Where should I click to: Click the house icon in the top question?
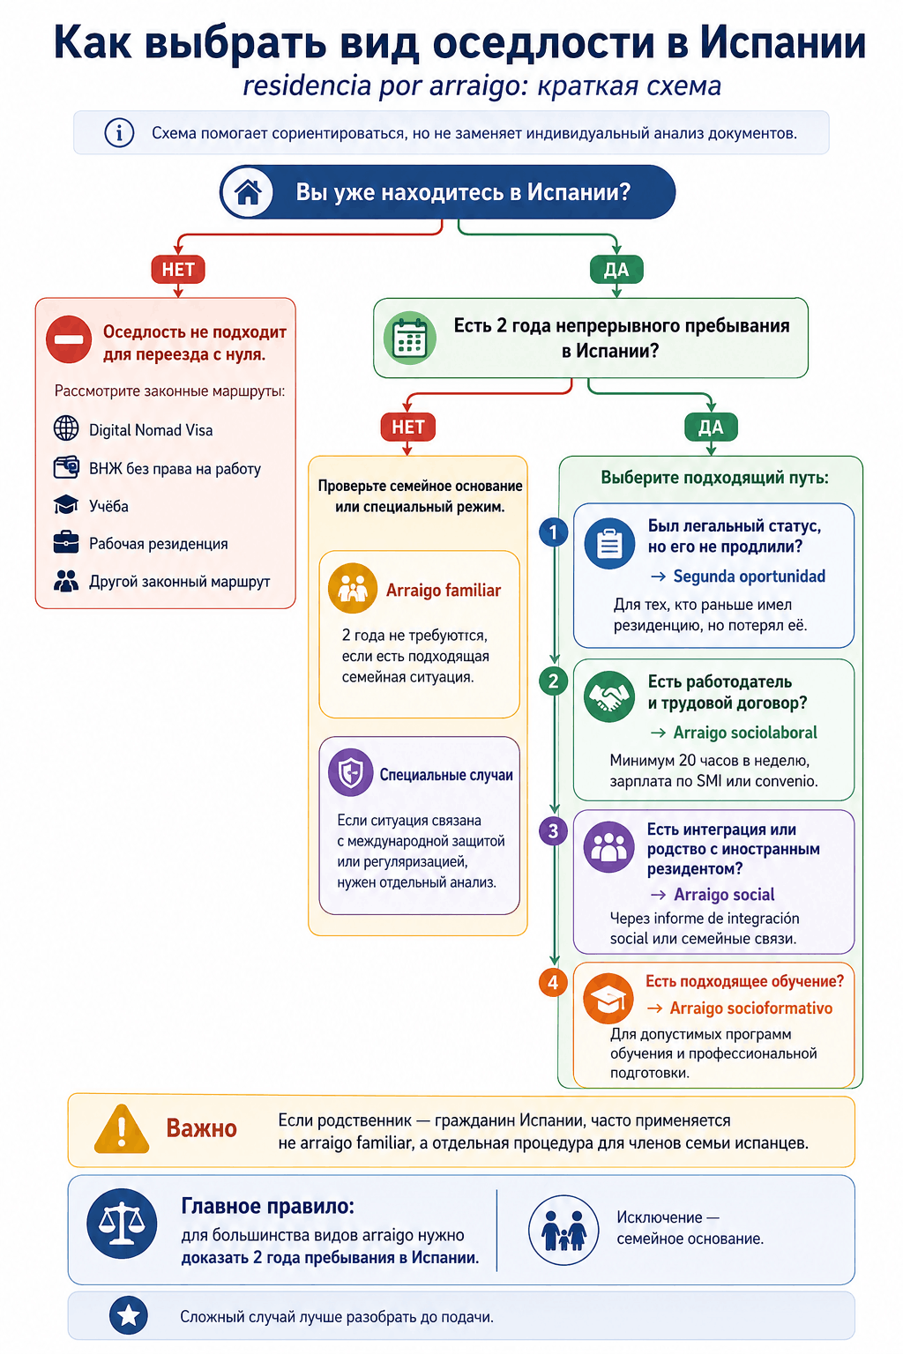coord(248,192)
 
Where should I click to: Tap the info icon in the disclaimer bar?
coord(119,132)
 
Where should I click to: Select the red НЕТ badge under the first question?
coord(178,269)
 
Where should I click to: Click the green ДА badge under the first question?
coord(616,269)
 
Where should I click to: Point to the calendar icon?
coord(409,338)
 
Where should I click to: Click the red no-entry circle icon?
coord(69,339)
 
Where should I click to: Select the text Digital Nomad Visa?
coord(151,430)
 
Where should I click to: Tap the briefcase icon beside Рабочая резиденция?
coord(66,542)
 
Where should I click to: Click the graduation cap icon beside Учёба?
coord(66,505)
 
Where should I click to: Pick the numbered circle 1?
coord(553,532)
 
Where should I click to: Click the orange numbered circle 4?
coord(553,982)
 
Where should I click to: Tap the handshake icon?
coord(609,696)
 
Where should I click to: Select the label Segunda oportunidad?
coord(750,576)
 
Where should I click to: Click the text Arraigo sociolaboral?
coord(745,733)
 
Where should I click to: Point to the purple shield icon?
coord(351,772)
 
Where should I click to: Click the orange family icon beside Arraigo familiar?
coord(353,588)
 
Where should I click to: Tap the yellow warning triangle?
coord(122,1128)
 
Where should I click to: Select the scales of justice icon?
coord(122,1224)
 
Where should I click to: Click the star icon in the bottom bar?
coord(128,1315)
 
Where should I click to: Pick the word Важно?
coord(201,1128)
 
